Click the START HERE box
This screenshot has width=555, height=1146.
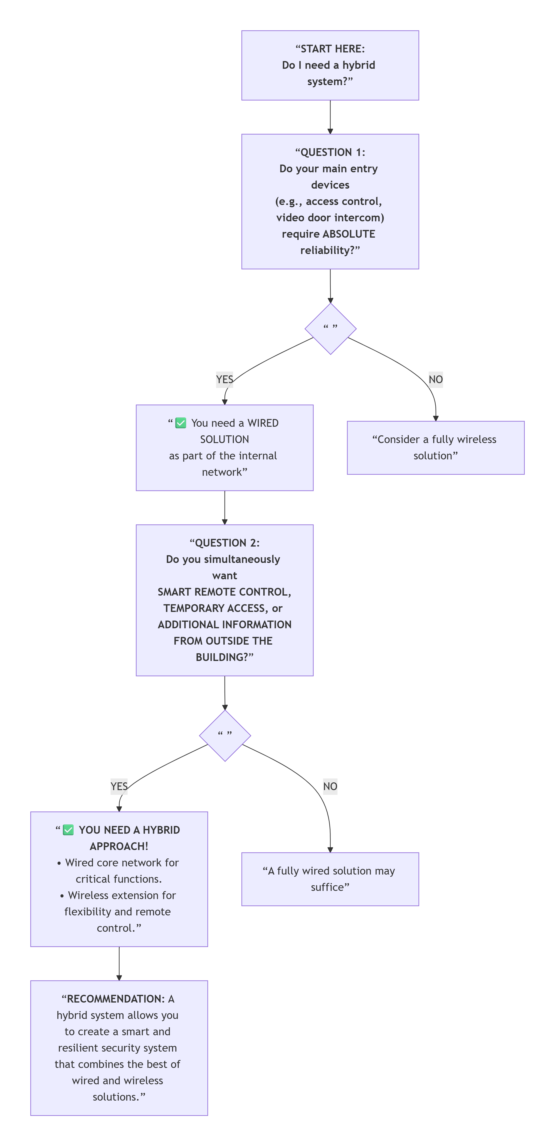point(330,65)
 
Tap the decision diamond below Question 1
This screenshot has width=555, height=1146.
point(330,329)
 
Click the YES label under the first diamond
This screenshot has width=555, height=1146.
point(224,380)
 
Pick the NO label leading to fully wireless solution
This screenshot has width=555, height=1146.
point(435,380)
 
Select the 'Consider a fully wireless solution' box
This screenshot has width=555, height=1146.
point(435,448)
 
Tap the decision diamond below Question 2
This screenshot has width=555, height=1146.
point(225,735)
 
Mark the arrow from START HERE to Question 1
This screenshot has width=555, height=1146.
point(330,117)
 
